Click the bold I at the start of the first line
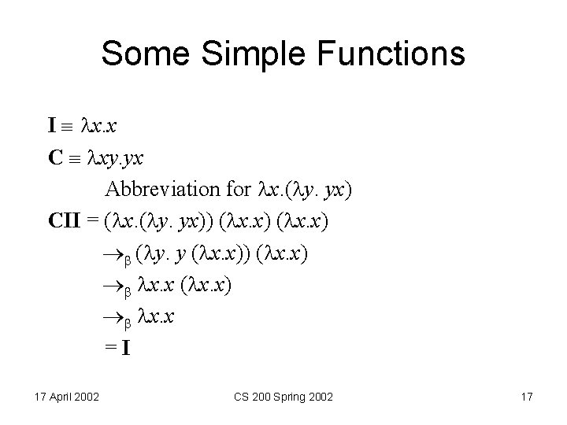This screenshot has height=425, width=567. [51, 126]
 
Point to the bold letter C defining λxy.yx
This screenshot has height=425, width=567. [54, 157]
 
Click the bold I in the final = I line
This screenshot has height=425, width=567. [124, 350]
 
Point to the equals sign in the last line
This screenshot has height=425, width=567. [110, 350]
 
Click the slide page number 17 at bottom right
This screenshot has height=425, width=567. [526, 397]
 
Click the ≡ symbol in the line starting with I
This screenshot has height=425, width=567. [72, 126]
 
